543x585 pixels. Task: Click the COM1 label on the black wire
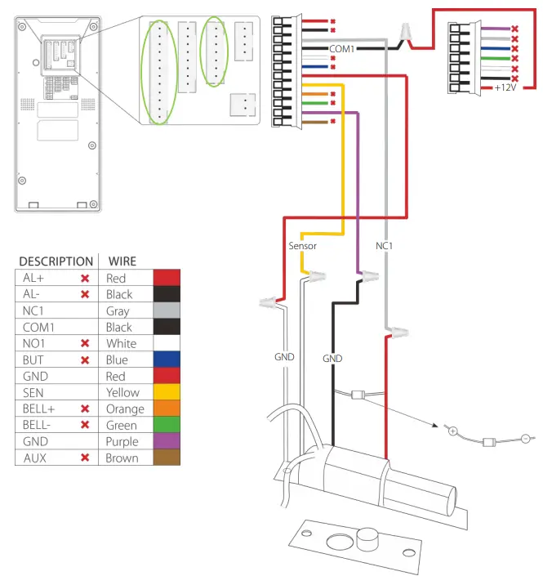click(342, 49)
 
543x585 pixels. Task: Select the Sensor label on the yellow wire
click(302, 245)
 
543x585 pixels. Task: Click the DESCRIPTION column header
click(56, 261)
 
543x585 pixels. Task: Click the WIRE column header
click(121, 261)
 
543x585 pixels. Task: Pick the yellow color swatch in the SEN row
click(167, 392)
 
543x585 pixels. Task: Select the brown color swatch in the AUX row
click(167, 458)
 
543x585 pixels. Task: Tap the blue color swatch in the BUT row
click(167, 359)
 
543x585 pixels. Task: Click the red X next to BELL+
click(84, 409)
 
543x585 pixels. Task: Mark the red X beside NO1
click(84, 343)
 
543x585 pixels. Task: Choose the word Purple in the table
click(122, 441)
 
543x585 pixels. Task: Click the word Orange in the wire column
click(125, 409)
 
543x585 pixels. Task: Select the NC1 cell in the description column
click(34, 310)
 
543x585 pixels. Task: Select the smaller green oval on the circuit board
click(215, 51)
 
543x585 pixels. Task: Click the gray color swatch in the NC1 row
click(167, 310)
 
